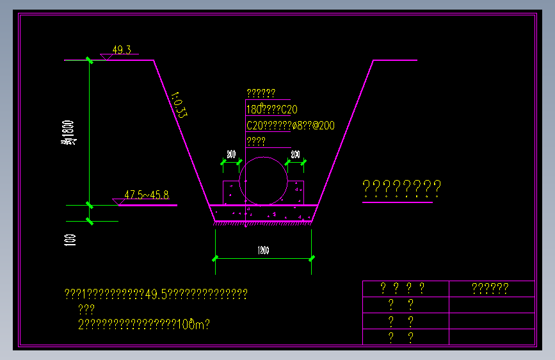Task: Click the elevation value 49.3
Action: tap(122, 50)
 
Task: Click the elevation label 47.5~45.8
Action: tap(146, 195)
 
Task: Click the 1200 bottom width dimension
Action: tap(263, 250)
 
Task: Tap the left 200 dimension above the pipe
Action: tap(231, 155)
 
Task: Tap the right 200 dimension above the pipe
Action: tap(295, 155)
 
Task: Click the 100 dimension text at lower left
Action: tap(70, 240)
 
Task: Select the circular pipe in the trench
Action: tap(263, 181)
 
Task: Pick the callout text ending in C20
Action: tap(271, 110)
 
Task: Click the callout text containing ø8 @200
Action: tap(290, 126)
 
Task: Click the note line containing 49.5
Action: tap(156, 294)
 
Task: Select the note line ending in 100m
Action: tap(144, 325)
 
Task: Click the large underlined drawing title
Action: tap(401, 188)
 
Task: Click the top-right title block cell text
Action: tap(490, 289)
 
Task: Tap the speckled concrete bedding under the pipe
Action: tap(263, 213)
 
